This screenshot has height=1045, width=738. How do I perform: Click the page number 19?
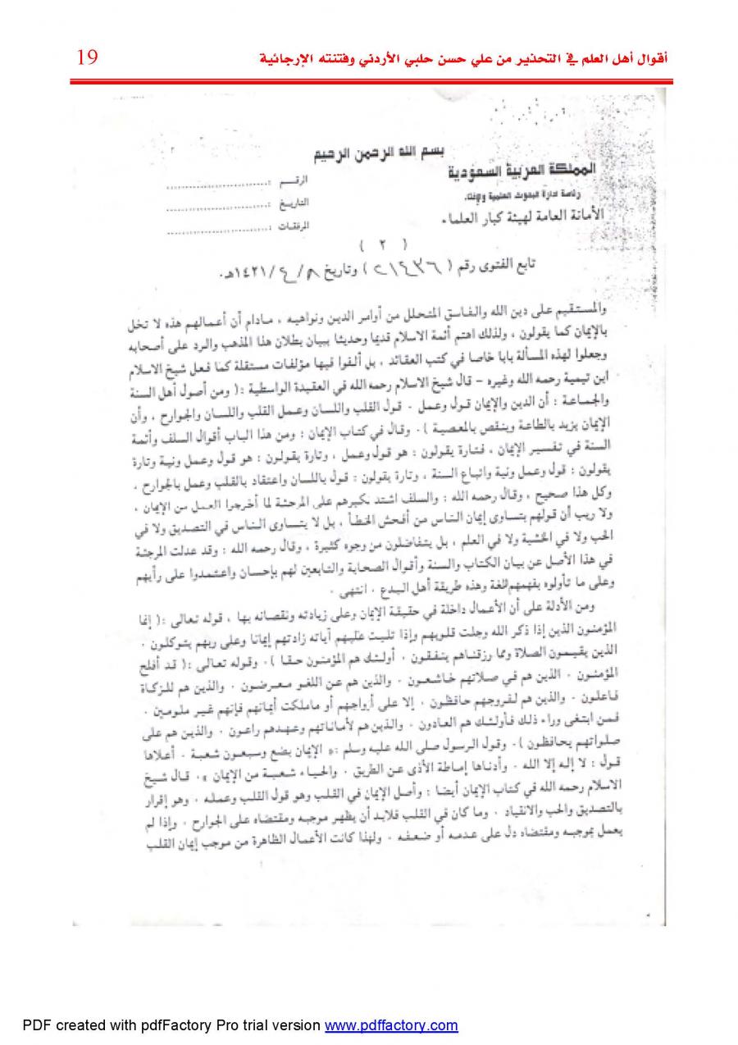(87, 57)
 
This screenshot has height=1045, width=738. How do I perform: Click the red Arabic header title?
(464, 59)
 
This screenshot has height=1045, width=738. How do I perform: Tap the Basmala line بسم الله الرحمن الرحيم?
(381, 154)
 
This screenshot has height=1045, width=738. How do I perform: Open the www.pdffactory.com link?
(391, 1025)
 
